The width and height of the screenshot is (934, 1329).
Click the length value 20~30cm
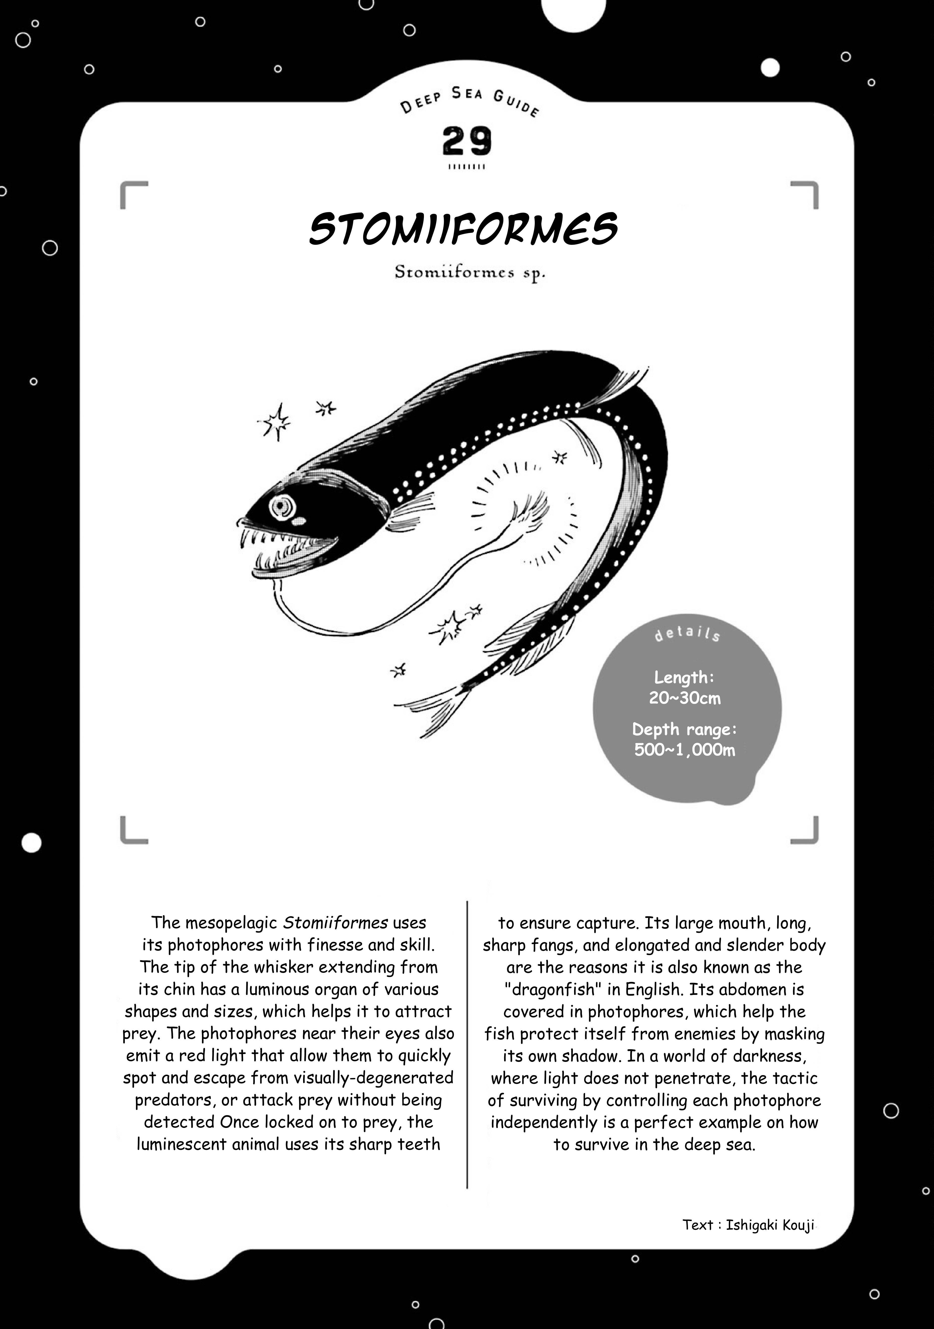tap(685, 698)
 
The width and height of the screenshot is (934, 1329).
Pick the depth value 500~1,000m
tap(685, 750)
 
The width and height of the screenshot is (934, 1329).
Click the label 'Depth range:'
tap(685, 729)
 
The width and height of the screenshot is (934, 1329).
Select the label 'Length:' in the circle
tap(685, 677)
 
